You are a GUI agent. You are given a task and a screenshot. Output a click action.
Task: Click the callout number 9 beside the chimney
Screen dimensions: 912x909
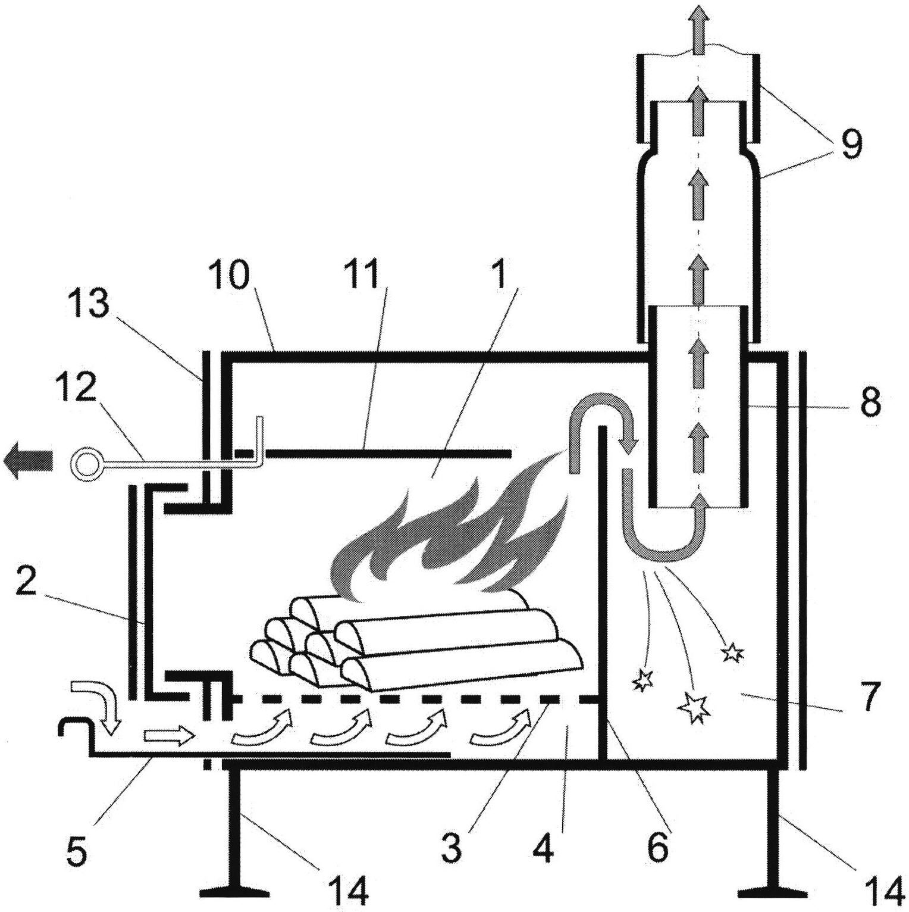point(851,145)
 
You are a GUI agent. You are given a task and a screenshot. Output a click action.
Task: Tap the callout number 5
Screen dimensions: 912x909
point(78,850)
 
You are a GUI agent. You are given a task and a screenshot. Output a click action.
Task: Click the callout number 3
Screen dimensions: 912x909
point(452,848)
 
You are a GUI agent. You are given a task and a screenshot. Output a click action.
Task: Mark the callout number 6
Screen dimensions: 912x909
point(657,848)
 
